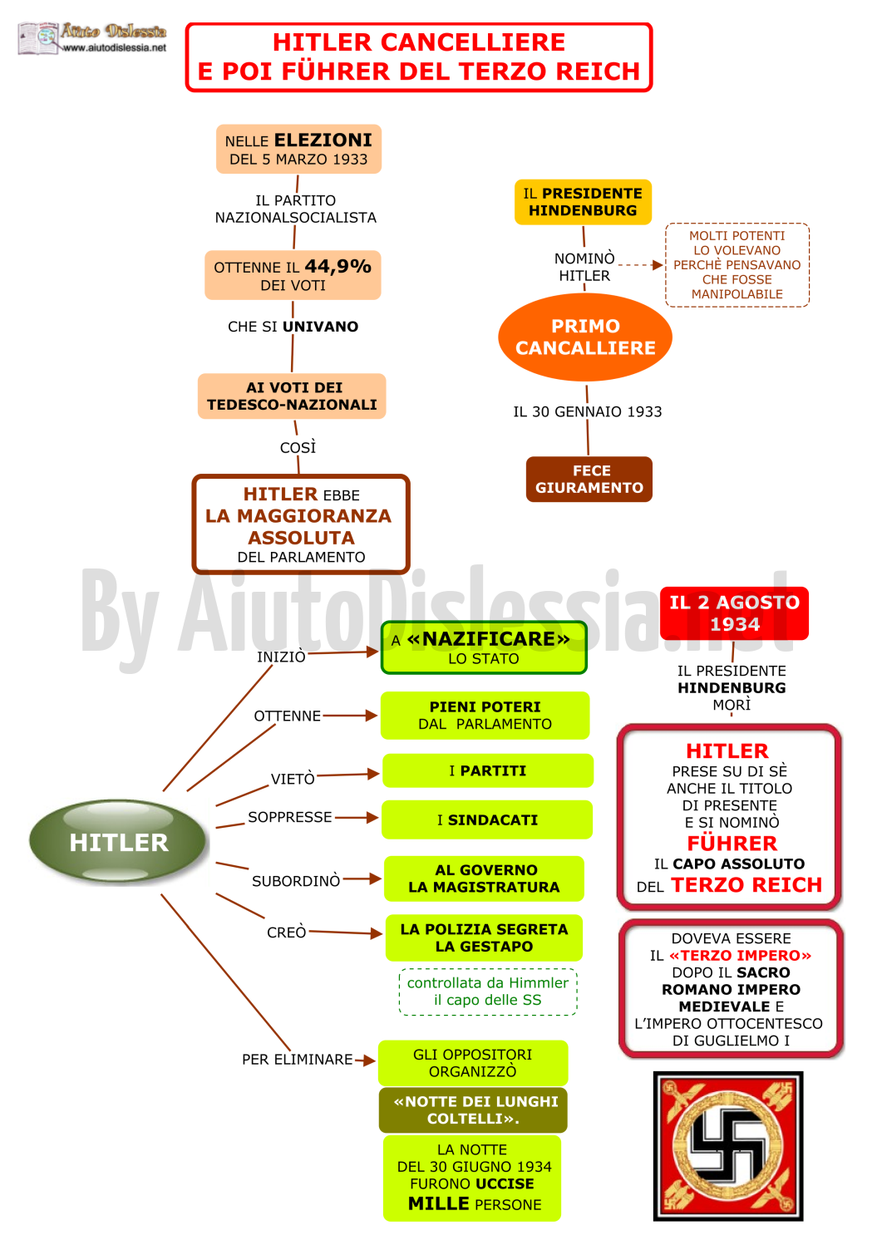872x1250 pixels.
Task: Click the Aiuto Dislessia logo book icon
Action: pos(38,38)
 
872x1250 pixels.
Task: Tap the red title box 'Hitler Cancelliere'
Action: pos(419,57)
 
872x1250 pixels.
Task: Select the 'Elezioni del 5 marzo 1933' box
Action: pos(298,149)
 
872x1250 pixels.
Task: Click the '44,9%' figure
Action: pos(337,266)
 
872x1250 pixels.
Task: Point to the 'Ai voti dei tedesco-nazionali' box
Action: pos(292,396)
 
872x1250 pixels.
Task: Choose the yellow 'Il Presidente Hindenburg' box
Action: pos(583,202)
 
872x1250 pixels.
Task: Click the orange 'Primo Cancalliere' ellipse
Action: pos(585,337)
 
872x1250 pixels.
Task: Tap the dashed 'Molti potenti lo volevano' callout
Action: pos(737,265)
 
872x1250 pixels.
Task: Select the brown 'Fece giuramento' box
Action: pos(589,480)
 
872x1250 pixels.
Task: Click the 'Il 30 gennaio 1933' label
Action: pos(587,412)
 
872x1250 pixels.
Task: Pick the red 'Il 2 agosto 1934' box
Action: pos(734,613)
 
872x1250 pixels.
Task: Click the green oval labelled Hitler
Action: pos(118,842)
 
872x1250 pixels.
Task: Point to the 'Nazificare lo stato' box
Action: pos(484,648)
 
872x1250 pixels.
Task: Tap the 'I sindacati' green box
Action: pos(487,819)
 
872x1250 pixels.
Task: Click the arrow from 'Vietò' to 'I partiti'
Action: pos(347,774)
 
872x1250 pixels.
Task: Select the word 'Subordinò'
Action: pos(296,881)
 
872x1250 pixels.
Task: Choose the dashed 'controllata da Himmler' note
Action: pos(488,992)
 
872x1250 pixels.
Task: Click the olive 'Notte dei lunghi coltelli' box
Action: pos(473,1110)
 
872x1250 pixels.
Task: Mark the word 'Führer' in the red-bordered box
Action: pos(732,844)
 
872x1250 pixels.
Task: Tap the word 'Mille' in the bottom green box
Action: pos(438,1203)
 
